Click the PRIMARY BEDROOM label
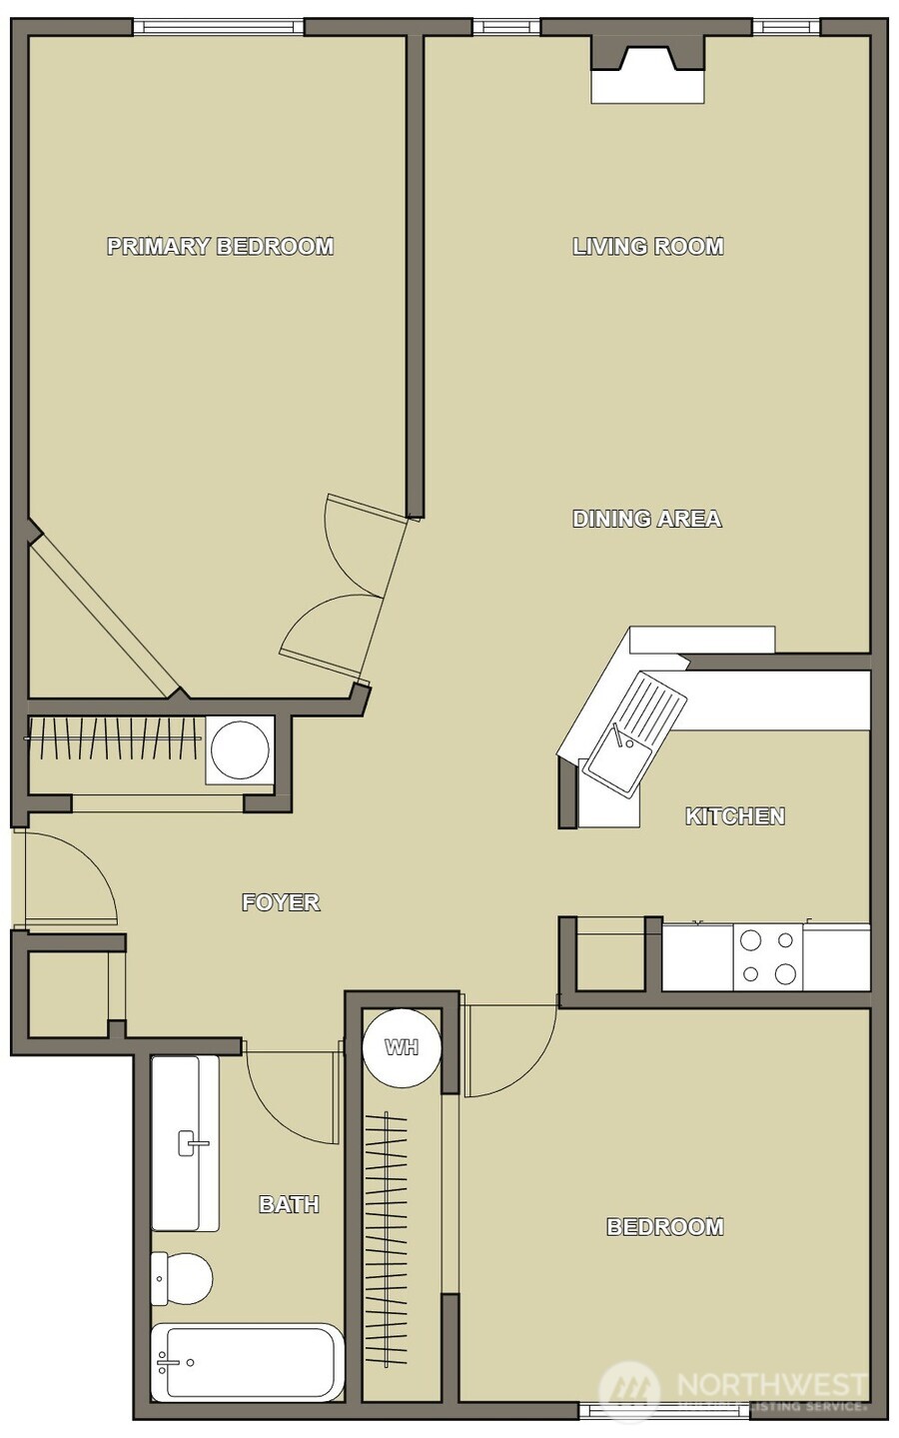coord(220,246)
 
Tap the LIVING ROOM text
coord(647,246)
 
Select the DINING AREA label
coord(646,519)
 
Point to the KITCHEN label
coord(734,816)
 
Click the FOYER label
coord(281,902)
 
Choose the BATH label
coord(289,1204)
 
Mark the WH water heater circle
coord(402,1047)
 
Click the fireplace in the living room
coord(647,70)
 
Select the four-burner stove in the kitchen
coord(767,956)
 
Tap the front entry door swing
coord(70,879)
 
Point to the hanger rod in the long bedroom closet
coord(386,1239)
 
